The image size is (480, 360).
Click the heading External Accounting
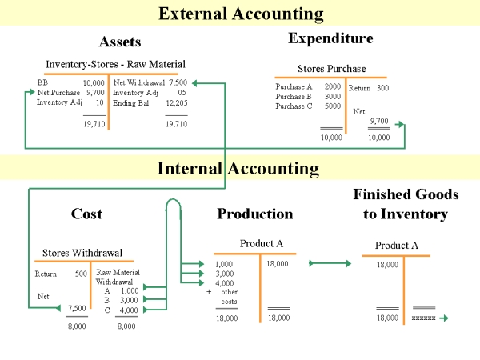pos(241,14)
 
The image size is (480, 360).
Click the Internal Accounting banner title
pos(238,168)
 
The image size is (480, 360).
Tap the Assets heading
pos(120,42)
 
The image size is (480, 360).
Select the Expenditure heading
pos(330,38)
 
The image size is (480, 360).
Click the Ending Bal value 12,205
pos(177,103)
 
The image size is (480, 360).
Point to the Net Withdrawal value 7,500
pos(178,82)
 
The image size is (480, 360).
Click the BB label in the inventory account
pos(42,82)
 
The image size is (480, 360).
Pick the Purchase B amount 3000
pos(333,97)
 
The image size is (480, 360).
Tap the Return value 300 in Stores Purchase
pos(382,88)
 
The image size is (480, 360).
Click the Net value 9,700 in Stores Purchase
pos(379,121)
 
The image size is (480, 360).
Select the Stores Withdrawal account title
pos(82,253)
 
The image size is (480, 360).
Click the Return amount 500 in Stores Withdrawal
pos(81,274)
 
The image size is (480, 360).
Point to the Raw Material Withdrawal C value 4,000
pos(129,310)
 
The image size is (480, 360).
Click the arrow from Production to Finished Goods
pos(330,263)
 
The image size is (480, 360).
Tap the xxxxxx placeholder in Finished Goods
pos(423,318)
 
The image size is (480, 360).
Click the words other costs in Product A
pos(230,297)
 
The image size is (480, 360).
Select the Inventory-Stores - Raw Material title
pos(115,64)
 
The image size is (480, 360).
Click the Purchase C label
pos(294,106)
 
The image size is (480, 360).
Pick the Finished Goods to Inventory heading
pos(406,204)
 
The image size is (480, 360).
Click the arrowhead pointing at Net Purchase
pos(32,92)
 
